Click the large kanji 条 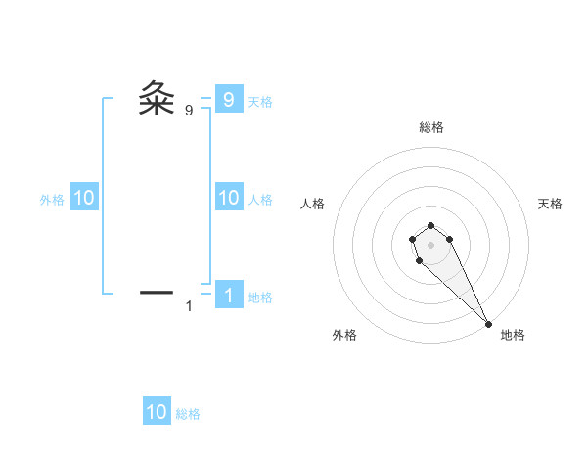click(157, 99)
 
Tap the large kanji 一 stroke click(157, 292)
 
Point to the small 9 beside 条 click(189, 111)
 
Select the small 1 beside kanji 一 click(189, 307)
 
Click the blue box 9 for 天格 click(228, 99)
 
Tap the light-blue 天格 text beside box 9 click(260, 102)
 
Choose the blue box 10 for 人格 click(228, 198)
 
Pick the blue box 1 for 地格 click(228, 296)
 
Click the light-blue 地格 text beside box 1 click(260, 298)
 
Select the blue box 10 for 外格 click(83, 198)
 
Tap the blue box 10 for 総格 click(157, 412)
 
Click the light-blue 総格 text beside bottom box click(188, 414)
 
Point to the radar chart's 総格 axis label click(431, 127)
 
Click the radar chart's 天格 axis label click(551, 204)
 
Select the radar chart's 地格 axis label click(513, 335)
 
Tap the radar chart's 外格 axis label click(344, 335)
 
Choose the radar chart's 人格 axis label click(312, 204)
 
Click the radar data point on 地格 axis click(488, 324)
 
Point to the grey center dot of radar click(431, 244)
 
